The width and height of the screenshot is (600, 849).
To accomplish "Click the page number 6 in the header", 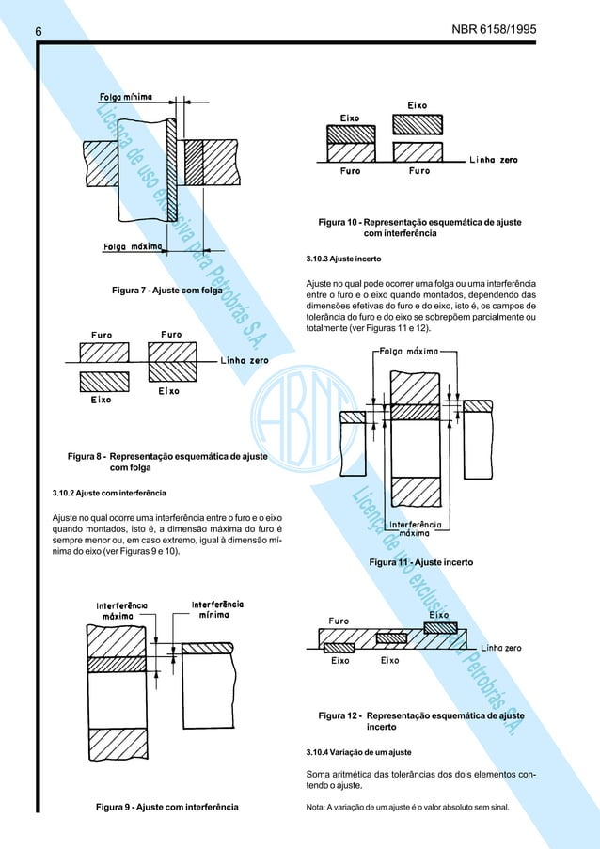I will coord(39,32).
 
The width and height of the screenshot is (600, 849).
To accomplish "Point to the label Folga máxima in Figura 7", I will coord(134,247).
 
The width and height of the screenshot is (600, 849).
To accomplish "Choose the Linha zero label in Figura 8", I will coord(245,359).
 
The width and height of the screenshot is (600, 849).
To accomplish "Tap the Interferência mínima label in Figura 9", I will coord(219,607).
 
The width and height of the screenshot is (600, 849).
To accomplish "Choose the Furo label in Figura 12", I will coord(340,620).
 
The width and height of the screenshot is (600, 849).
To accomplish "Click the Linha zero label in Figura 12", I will coord(502,648).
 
